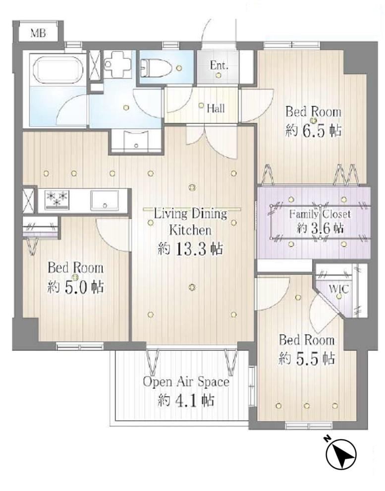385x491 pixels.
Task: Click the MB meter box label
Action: [x=38, y=33]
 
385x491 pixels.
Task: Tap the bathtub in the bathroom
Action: [x=58, y=69]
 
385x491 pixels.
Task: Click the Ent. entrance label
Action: [x=219, y=65]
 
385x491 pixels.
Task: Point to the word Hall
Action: [x=216, y=109]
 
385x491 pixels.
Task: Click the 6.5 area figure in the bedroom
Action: [x=314, y=130]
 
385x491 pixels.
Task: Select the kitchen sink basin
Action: [x=105, y=200]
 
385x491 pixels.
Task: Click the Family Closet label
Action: [x=320, y=214]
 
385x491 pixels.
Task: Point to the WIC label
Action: [x=338, y=289]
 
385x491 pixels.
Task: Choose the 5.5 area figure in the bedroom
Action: [x=307, y=359]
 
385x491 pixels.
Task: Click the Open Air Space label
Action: [x=186, y=382]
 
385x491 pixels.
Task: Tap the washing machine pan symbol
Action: [x=117, y=64]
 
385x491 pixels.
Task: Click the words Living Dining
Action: [x=190, y=214]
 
